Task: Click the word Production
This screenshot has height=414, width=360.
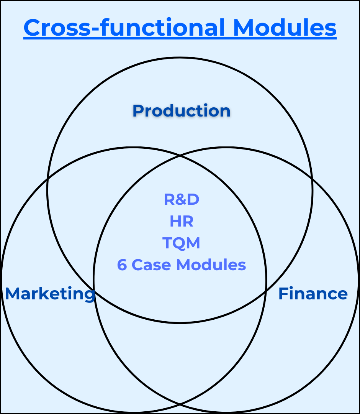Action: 182,111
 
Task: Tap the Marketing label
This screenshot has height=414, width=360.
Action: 50,294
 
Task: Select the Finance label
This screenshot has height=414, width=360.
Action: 313,294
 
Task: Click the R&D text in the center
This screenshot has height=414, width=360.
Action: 182,199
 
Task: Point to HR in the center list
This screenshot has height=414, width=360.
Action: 182,221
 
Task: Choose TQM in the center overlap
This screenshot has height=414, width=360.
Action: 182,243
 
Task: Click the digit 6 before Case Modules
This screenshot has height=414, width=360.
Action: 122,265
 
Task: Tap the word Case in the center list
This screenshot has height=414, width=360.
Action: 149,265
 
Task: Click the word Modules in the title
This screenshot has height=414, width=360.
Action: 285,28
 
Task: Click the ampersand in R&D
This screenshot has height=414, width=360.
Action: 182,199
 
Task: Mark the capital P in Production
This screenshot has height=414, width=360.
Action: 138,111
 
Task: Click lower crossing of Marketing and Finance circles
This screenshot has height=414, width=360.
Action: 180,404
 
